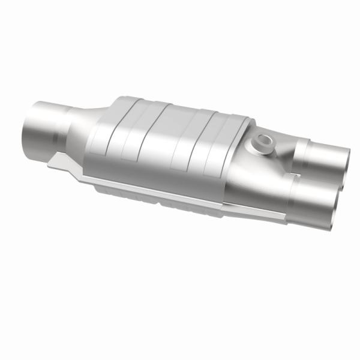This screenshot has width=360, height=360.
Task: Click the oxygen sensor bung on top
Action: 262,143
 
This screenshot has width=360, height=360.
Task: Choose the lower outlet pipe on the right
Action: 312,201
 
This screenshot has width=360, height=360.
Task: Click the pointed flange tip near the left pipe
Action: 50,164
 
